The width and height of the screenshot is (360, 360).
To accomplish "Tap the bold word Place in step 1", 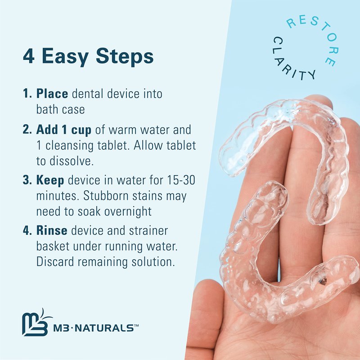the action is click(52, 94).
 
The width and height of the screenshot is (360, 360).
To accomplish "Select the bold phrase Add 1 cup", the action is click(64, 130).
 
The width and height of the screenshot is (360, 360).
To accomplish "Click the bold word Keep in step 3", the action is click(50, 180).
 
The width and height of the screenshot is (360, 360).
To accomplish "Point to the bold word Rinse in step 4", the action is click(52, 230).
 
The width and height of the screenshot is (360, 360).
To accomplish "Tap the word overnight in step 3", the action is click(128, 211).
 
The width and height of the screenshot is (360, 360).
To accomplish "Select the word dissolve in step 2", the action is click(72, 161).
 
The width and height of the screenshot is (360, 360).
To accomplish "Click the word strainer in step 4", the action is click(148, 231).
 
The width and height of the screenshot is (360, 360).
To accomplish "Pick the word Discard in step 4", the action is click(55, 262).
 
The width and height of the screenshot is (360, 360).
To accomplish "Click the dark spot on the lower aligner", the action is click(323, 281).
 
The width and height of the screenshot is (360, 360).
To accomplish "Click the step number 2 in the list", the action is click(26, 130).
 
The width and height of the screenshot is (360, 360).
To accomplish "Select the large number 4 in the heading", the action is click(29, 56).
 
